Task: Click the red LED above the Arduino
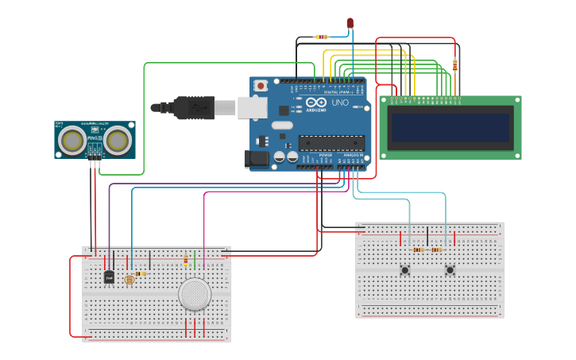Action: point(350,23)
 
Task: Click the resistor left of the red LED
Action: point(321,37)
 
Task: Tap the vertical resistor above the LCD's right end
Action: point(454,65)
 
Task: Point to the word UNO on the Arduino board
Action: point(339,103)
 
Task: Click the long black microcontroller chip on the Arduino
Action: point(331,143)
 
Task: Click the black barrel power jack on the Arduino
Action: point(257,158)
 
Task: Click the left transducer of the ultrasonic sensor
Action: point(73,141)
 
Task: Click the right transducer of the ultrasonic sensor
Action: point(118,141)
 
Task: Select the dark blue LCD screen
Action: point(450,127)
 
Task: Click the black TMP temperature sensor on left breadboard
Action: point(109,277)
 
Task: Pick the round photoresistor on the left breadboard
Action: point(130,279)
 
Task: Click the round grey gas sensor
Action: point(195,293)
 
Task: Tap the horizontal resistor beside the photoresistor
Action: point(141,273)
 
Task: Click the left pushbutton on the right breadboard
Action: point(404,270)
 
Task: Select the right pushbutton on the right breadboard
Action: point(450,270)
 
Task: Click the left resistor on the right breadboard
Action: point(418,250)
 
